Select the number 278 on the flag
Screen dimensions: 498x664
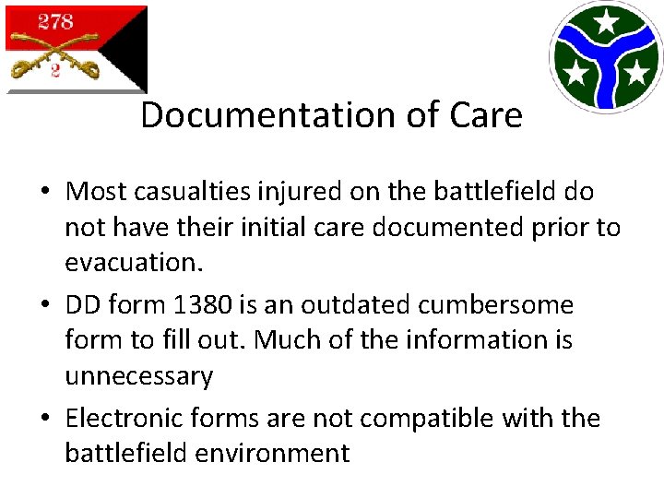55,22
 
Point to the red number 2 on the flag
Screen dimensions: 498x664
55,71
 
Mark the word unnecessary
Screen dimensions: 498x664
138,375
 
